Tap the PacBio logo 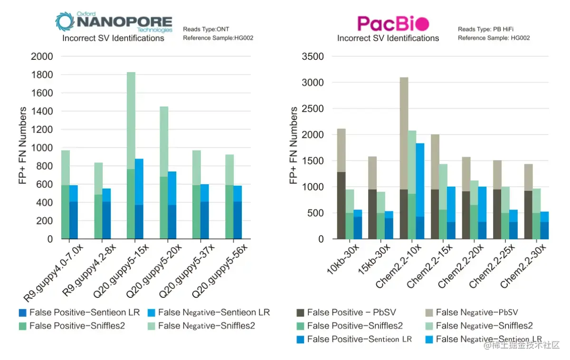click(393, 23)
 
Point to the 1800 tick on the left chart click(42, 75)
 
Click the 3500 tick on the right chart click(313, 57)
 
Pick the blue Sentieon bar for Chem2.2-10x click(420, 190)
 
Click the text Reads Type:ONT click(206, 29)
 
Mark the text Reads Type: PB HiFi click(486, 29)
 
